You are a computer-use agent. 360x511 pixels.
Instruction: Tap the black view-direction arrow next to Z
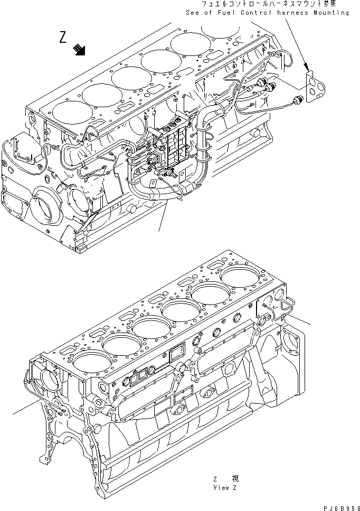pyautogui.click(x=80, y=50)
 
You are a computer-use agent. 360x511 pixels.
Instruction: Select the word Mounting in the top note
pyautogui.click(x=331, y=13)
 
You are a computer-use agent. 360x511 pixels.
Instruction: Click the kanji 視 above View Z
pyautogui.click(x=235, y=479)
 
